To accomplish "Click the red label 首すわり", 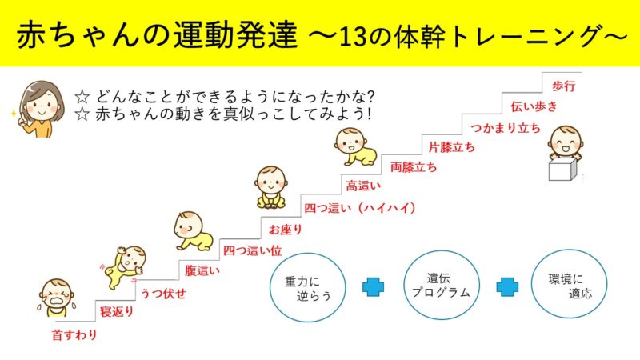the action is tap(74, 335).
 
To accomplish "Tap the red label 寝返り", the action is tap(117, 312).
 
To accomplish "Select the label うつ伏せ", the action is tap(163, 293).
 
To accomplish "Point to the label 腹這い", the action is tap(202, 270).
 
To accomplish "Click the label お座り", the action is tap(285, 230).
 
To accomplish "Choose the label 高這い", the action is tap(363, 186).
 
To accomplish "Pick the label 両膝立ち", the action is tap(414, 167).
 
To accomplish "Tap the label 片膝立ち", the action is tap(452, 147).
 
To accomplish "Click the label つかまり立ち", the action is tap(506, 128).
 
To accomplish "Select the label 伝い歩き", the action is tap(534, 106).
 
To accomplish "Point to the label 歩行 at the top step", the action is tap(564, 86).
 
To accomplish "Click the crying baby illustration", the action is tap(56, 298).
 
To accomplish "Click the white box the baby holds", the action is tap(562, 170).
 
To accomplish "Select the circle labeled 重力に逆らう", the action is tap(308, 287).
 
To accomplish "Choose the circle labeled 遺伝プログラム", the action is tap(442, 285).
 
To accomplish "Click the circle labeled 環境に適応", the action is tap(569, 284).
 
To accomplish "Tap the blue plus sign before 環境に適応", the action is tap(507, 286).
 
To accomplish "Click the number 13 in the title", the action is tap(352, 37).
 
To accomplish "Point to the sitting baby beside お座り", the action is tap(271, 187).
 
